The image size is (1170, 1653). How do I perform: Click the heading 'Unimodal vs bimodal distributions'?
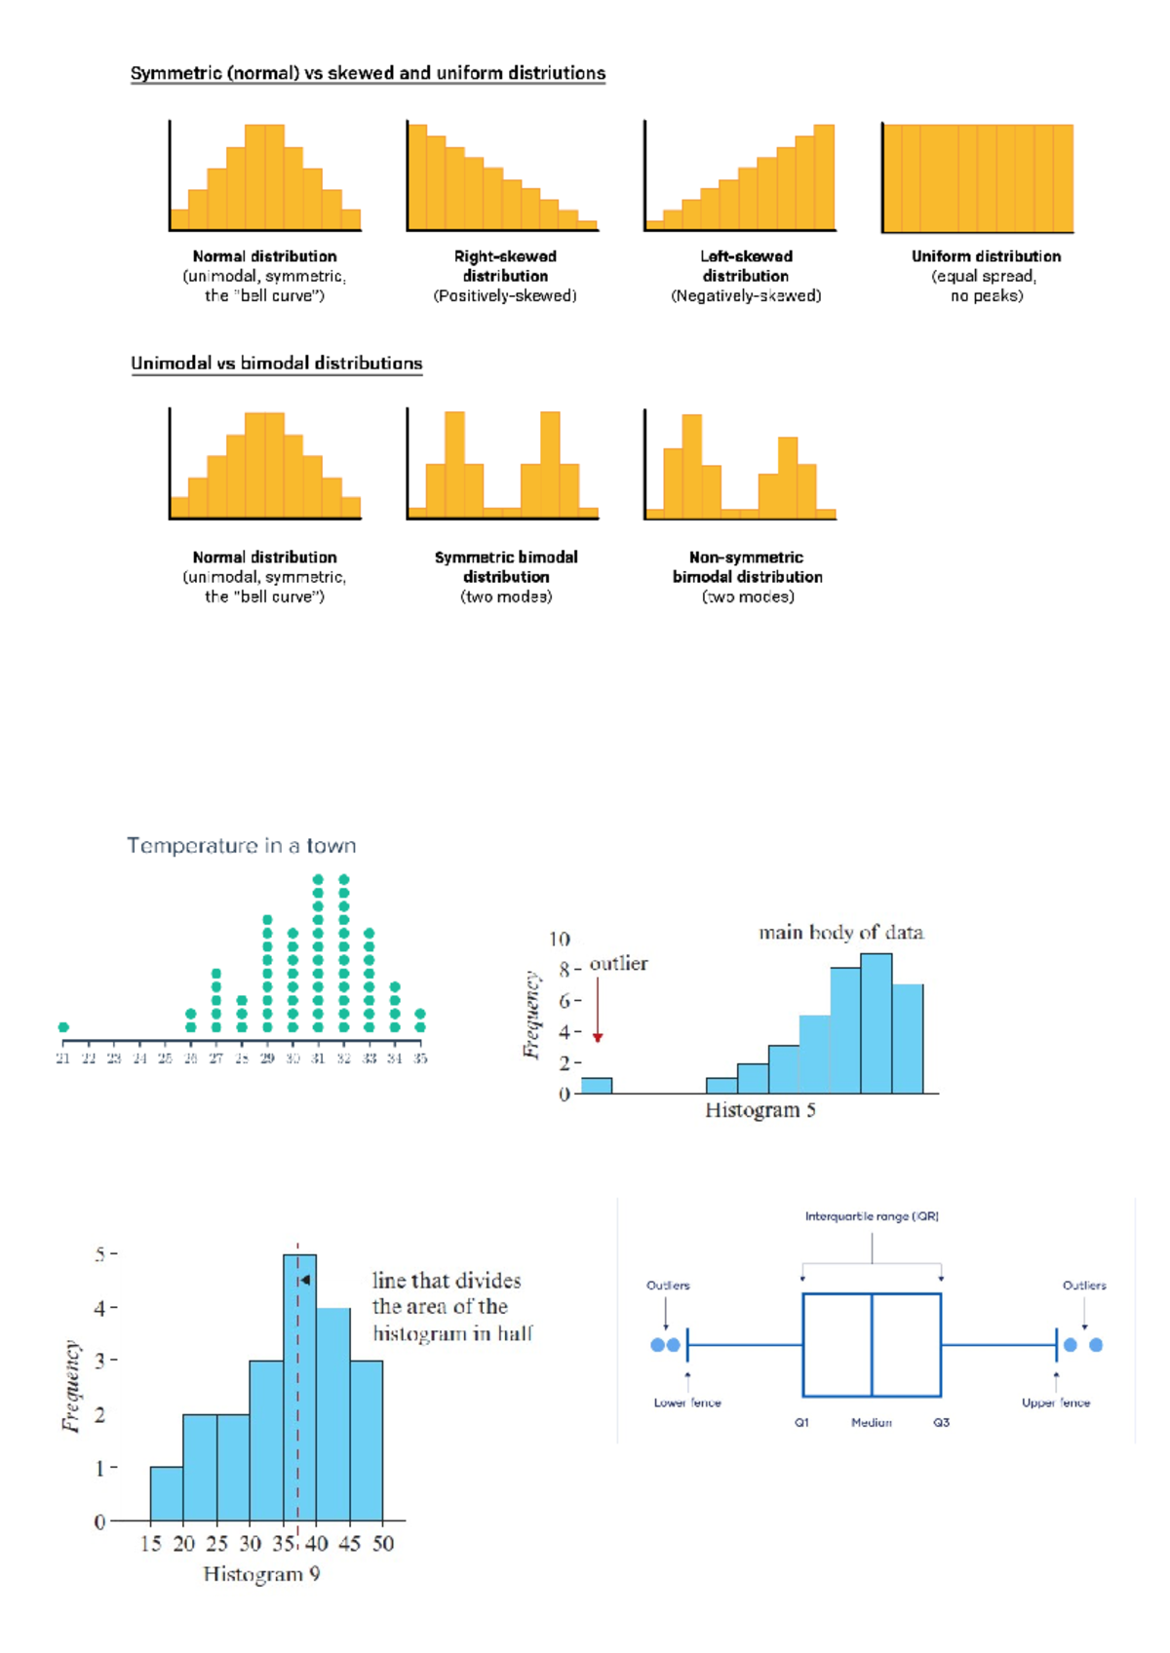tap(276, 364)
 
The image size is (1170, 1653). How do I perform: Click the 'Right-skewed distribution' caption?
tap(505, 266)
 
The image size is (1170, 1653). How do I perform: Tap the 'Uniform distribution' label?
tap(986, 256)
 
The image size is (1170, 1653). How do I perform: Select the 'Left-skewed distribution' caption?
tap(746, 266)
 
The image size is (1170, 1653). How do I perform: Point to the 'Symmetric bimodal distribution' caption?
tap(506, 566)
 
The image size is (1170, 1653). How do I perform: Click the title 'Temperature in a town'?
tap(241, 846)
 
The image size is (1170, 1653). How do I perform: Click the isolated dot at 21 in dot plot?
tap(63, 1027)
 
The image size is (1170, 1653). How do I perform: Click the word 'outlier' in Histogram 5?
tap(618, 964)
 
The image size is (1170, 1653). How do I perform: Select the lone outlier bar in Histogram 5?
tap(597, 1086)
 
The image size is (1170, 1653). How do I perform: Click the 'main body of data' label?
tap(840, 933)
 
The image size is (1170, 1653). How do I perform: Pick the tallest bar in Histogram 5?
tap(876, 1023)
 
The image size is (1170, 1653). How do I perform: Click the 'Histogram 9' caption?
tap(261, 1574)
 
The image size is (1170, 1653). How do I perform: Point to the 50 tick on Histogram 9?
tap(382, 1544)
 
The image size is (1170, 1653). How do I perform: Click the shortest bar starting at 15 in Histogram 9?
tap(166, 1494)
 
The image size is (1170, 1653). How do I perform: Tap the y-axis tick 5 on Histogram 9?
tap(100, 1254)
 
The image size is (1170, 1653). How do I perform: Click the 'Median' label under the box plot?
tap(871, 1423)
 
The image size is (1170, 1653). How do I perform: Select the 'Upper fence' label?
tap(1056, 1403)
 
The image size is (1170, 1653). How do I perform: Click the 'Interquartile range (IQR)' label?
tap(872, 1216)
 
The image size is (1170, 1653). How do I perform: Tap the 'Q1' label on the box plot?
tap(801, 1423)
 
